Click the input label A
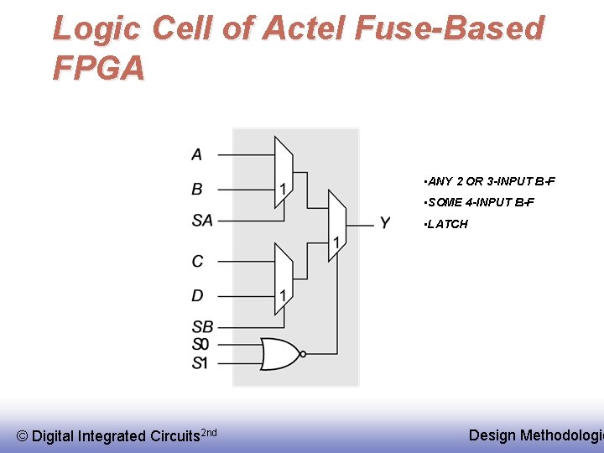[197, 154]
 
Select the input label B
[197, 189]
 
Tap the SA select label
[202, 221]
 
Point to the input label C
[198, 262]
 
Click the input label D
[198, 295]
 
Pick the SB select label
[202, 326]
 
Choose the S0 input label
[200, 344]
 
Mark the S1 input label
[200, 362]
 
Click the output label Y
[385, 223]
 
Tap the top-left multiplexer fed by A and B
[284, 172]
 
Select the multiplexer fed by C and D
[284, 279]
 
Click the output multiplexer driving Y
[336, 225]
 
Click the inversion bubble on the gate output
[304, 353]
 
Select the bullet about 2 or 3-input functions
[490, 181]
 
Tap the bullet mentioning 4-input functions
[479, 202]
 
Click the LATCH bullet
[446, 224]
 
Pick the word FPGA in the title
[98, 67]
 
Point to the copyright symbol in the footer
[23, 435]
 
